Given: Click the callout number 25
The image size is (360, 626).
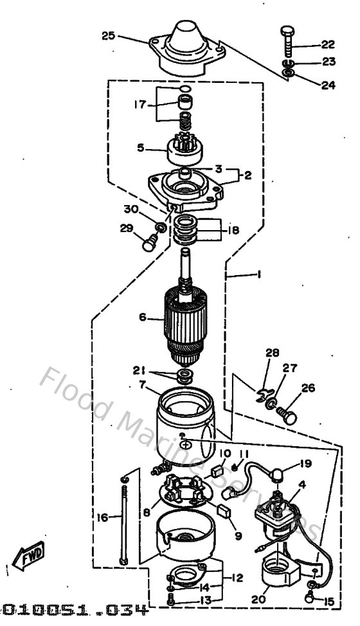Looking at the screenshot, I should click(108, 35).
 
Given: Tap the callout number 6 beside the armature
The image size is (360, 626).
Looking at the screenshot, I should click(143, 317).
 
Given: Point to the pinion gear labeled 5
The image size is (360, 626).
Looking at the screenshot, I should click(184, 150).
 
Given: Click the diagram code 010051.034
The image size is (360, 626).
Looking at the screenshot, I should click(74, 608).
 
